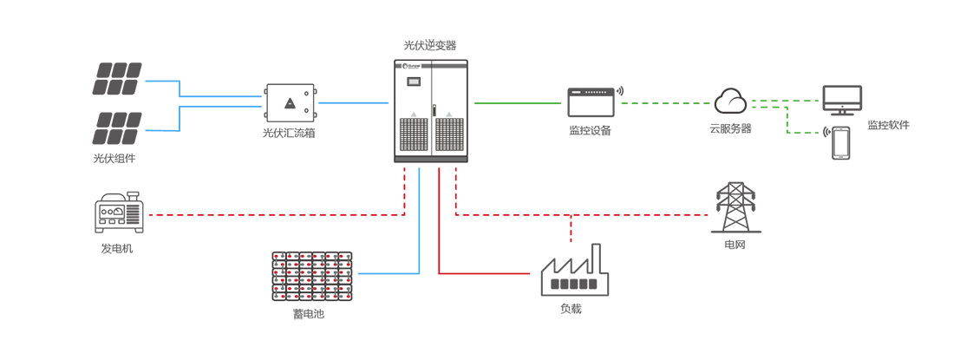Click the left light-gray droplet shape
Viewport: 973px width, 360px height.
point(415,109)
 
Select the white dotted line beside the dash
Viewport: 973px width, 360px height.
point(595,91)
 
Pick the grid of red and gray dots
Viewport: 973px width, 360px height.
point(312,275)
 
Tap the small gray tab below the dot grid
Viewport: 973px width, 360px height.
point(312,306)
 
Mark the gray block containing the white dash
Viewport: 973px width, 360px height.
point(581,104)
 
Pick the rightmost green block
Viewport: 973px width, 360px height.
point(785,104)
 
